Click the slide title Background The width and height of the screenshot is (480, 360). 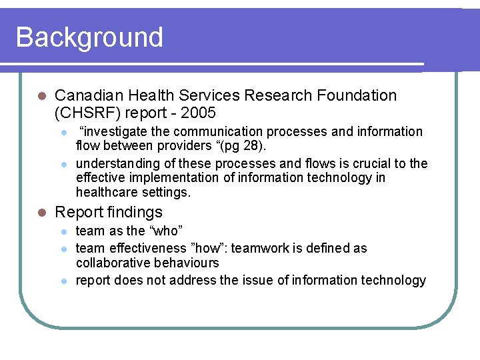coord(89,37)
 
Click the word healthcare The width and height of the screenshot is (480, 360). coord(106,192)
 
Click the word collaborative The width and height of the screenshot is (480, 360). coord(109,263)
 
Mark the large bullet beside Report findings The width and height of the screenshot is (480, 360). coord(41,213)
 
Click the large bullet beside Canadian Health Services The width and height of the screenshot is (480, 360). coord(41,96)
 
